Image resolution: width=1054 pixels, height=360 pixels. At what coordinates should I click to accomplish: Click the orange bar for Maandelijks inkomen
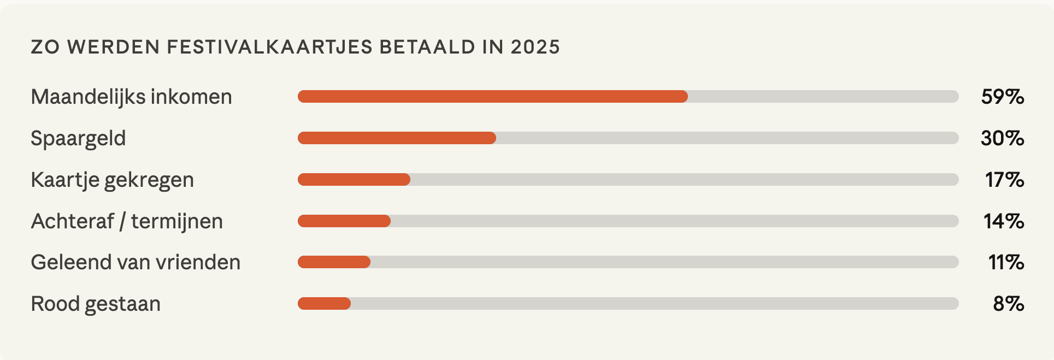[x=492, y=97]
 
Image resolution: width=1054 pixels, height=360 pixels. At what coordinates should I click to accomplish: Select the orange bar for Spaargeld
[x=397, y=138]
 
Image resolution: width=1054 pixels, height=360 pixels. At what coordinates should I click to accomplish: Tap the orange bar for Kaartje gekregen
[x=354, y=180]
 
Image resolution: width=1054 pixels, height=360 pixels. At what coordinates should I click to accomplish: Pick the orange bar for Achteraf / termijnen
[x=344, y=221]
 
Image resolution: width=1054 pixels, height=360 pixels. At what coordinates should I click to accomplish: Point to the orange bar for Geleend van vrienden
[x=334, y=262]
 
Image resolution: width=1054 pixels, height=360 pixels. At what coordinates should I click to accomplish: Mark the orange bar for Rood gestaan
[x=324, y=304]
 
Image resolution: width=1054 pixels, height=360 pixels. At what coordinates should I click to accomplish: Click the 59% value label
[x=1002, y=97]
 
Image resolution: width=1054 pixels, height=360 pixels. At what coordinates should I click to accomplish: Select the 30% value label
[x=1002, y=138]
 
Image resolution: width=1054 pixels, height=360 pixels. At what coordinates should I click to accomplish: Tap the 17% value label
[x=1004, y=180]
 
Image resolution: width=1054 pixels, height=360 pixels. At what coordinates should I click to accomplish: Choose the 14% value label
[x=1004, y=221]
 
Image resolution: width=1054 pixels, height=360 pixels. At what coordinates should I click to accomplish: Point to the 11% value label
[x=1006, y=262]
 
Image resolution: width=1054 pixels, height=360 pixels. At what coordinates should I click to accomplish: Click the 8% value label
[x=1008, y=304]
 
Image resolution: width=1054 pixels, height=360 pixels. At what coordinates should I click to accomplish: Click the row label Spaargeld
[x=78, y=138]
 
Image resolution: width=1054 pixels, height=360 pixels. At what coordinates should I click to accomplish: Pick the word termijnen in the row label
[x=177, y=221]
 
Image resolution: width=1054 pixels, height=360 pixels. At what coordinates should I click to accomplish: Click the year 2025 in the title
[x=535, y=47]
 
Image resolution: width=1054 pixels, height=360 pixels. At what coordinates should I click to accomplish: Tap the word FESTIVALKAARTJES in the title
[x=269, y=47]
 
